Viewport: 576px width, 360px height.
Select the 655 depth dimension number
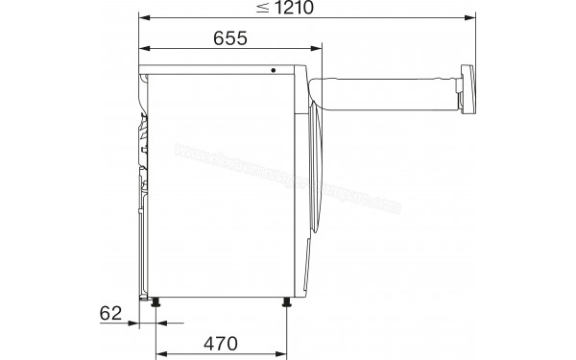[229, 38]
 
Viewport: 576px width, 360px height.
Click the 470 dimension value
[221, 343]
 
